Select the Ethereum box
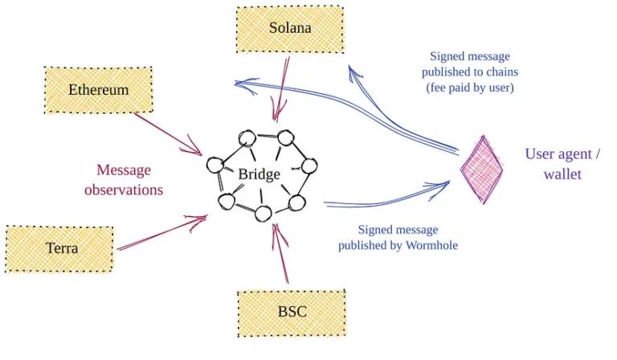98,90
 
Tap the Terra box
61,248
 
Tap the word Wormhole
430,244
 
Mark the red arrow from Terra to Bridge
161,232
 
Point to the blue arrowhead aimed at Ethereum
239,83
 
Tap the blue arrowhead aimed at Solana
354,72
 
